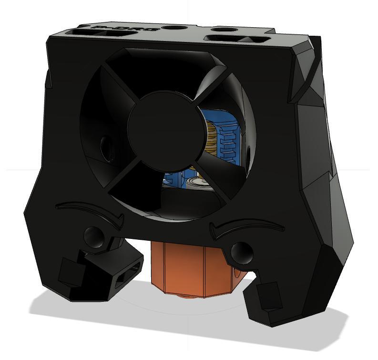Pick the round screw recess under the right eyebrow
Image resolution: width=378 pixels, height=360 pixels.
[x=241, y=251]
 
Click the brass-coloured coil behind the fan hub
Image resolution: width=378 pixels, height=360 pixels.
[x=211, y=138]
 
